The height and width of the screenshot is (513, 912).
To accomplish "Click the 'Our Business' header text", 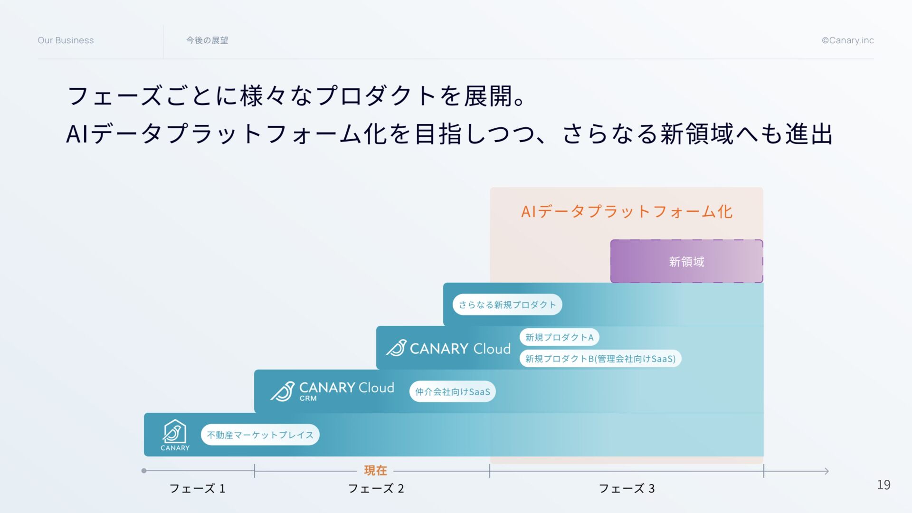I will (66, 40).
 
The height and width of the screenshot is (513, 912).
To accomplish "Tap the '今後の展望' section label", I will (207, 40).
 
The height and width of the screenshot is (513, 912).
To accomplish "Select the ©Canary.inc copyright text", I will (847, 40).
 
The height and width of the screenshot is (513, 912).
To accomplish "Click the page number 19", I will (883, 485).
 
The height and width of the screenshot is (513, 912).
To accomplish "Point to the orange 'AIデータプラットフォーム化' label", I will (627, 211).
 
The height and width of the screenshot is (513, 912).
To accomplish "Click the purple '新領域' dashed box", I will (686, 261).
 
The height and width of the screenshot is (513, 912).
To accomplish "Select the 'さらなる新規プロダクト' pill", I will (507, 304).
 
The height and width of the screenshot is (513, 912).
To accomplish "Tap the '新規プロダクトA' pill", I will (559, 337).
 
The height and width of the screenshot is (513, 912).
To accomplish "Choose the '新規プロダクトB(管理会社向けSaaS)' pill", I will (600, 359).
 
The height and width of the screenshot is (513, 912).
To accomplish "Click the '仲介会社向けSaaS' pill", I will (452, 392).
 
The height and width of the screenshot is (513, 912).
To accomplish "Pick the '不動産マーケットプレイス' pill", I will (260, 435).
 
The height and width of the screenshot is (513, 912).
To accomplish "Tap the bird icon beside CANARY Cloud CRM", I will (283, 391).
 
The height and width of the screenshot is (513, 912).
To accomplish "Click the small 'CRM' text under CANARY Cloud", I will (308, 399).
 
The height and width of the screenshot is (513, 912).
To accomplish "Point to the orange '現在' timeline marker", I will (375, 470).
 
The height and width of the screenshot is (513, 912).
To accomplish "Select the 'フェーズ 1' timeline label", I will (197, 488).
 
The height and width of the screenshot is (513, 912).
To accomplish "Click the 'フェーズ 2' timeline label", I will (376, 488).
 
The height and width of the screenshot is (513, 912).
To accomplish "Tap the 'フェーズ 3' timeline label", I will (627, 488).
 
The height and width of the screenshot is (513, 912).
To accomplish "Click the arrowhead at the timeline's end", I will (826, 471).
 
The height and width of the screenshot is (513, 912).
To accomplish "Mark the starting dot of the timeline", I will (144, 471).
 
